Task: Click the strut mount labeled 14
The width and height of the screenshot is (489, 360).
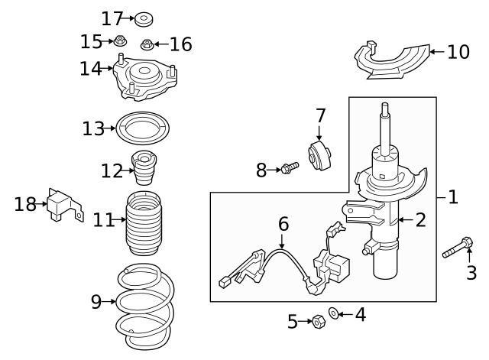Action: pos(145,79)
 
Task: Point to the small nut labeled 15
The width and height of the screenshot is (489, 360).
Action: pos(120,40)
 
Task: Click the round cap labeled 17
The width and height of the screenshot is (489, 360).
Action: pos(142,17)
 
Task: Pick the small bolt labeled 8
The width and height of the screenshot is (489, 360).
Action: pos(288,168)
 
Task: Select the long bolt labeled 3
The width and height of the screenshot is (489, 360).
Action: pos(457,248)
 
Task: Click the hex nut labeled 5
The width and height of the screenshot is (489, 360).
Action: pos(316,322)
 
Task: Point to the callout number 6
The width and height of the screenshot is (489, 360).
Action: pos(283,224)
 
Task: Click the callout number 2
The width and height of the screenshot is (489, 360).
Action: pos(420,221)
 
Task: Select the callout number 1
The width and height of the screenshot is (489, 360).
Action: pos(453,197)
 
